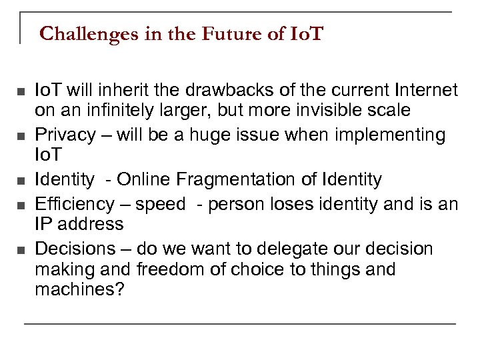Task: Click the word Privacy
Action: (x=65, y=135)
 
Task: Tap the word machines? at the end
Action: (x=79, y=290)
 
